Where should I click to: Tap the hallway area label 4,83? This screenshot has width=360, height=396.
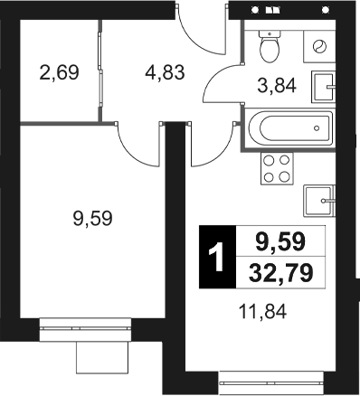[166, 71]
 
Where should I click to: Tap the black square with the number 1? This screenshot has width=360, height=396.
[215, 257]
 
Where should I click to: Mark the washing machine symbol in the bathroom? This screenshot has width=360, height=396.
[319, 46]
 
